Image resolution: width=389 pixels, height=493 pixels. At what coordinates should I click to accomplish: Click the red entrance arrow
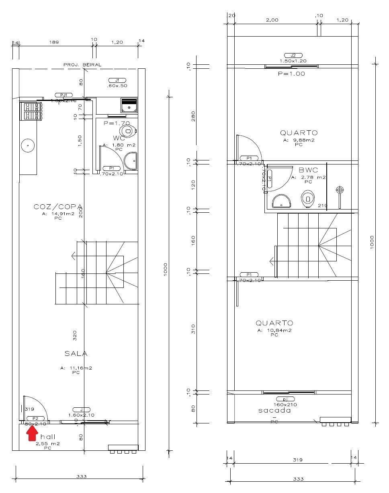33,433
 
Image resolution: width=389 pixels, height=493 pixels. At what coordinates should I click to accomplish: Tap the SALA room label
76,353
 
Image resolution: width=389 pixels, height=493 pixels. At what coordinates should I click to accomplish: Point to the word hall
48,437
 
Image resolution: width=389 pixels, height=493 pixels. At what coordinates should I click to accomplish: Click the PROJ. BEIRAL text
82,65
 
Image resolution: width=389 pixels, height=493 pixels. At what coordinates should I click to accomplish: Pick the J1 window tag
117,80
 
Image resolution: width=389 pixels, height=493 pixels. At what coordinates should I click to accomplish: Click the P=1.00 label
291,74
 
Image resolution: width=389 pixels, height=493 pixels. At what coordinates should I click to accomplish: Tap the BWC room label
308,170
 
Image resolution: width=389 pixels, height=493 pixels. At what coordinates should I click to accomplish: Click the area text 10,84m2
274,330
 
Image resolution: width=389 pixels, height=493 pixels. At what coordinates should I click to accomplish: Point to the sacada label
274,411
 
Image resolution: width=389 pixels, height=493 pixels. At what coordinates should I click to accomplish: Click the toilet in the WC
128,131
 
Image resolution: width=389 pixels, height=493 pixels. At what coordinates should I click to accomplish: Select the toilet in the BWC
308,198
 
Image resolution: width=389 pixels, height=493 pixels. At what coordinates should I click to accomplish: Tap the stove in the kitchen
31,111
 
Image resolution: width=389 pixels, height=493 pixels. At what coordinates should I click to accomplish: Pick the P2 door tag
35,419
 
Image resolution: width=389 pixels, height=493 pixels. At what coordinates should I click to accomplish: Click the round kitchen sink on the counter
28,145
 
